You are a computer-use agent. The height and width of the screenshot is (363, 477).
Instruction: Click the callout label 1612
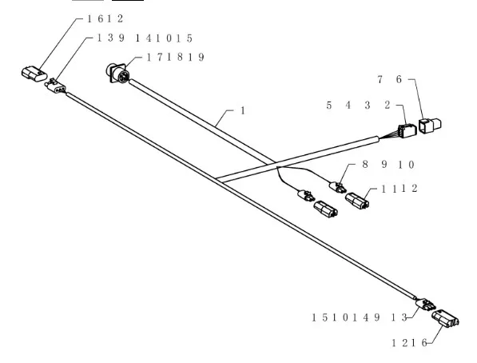point(105,19)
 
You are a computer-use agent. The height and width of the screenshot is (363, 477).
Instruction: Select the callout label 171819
point(175,58)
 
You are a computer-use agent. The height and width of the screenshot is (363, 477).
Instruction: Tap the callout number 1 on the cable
point(243,111)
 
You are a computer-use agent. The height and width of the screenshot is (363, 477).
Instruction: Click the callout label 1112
point(399,189)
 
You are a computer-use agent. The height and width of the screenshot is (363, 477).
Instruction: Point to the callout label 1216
point(409,343)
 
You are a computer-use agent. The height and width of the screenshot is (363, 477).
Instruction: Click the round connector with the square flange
point(118,74)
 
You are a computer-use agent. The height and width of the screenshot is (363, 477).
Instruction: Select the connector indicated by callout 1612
point(34,74)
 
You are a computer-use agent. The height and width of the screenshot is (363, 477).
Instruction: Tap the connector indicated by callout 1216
point(445,319)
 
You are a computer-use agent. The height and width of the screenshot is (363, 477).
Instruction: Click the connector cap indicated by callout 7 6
point(430,126)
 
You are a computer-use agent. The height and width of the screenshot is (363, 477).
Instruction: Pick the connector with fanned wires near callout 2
point(407,131)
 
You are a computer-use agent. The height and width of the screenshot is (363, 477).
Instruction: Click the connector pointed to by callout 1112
point(357,201)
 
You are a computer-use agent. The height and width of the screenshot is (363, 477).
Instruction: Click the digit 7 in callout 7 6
point(380,79)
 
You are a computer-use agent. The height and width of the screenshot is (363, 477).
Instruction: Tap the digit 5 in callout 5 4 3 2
point(329,106)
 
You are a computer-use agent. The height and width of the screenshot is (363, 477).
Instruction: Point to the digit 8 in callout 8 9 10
point(365,165)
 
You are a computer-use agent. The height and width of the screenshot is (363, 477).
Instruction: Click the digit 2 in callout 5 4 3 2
point(388,106)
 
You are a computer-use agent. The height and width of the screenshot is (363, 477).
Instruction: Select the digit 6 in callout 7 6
point(399,79)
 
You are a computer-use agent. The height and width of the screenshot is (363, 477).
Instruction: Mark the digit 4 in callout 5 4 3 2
point(348,106)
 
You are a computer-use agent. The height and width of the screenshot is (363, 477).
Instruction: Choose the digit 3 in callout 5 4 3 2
point(368,106)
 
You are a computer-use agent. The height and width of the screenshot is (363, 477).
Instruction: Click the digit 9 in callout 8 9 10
point(384,165)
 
